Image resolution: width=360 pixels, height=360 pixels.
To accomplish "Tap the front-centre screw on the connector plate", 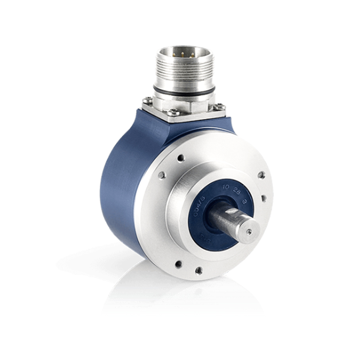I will point(171,113).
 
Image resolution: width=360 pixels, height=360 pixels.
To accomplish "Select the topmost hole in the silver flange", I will point(181,158).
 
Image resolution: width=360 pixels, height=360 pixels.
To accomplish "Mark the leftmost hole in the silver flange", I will point(162,175).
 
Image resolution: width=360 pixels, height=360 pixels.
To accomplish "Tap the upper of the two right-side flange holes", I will point(261,175).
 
